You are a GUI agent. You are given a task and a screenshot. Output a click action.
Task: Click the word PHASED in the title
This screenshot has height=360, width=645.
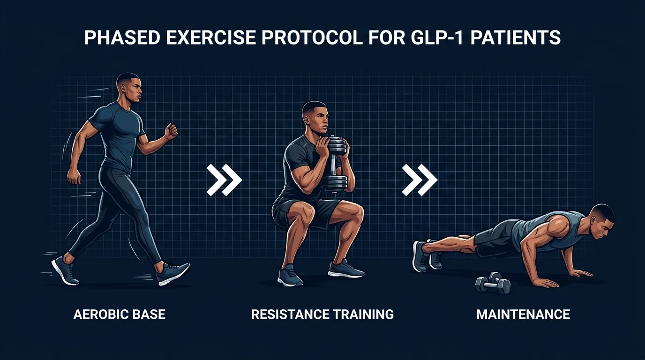coord(120,37)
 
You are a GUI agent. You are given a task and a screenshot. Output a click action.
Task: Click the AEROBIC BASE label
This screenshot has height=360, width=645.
coord(120,314)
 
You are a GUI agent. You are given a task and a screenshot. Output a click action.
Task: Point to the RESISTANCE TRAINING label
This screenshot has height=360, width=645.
coord(322,314)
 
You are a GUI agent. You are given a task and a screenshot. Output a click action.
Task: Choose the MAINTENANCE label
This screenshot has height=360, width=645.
coord(523,314)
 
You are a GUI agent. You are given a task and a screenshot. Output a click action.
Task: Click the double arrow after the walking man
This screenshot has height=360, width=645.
coord(224,180)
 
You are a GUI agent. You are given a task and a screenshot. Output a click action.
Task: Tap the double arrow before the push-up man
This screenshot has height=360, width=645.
coord(420,180)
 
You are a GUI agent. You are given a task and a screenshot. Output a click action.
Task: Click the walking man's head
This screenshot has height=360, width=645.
coord(129,88)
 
